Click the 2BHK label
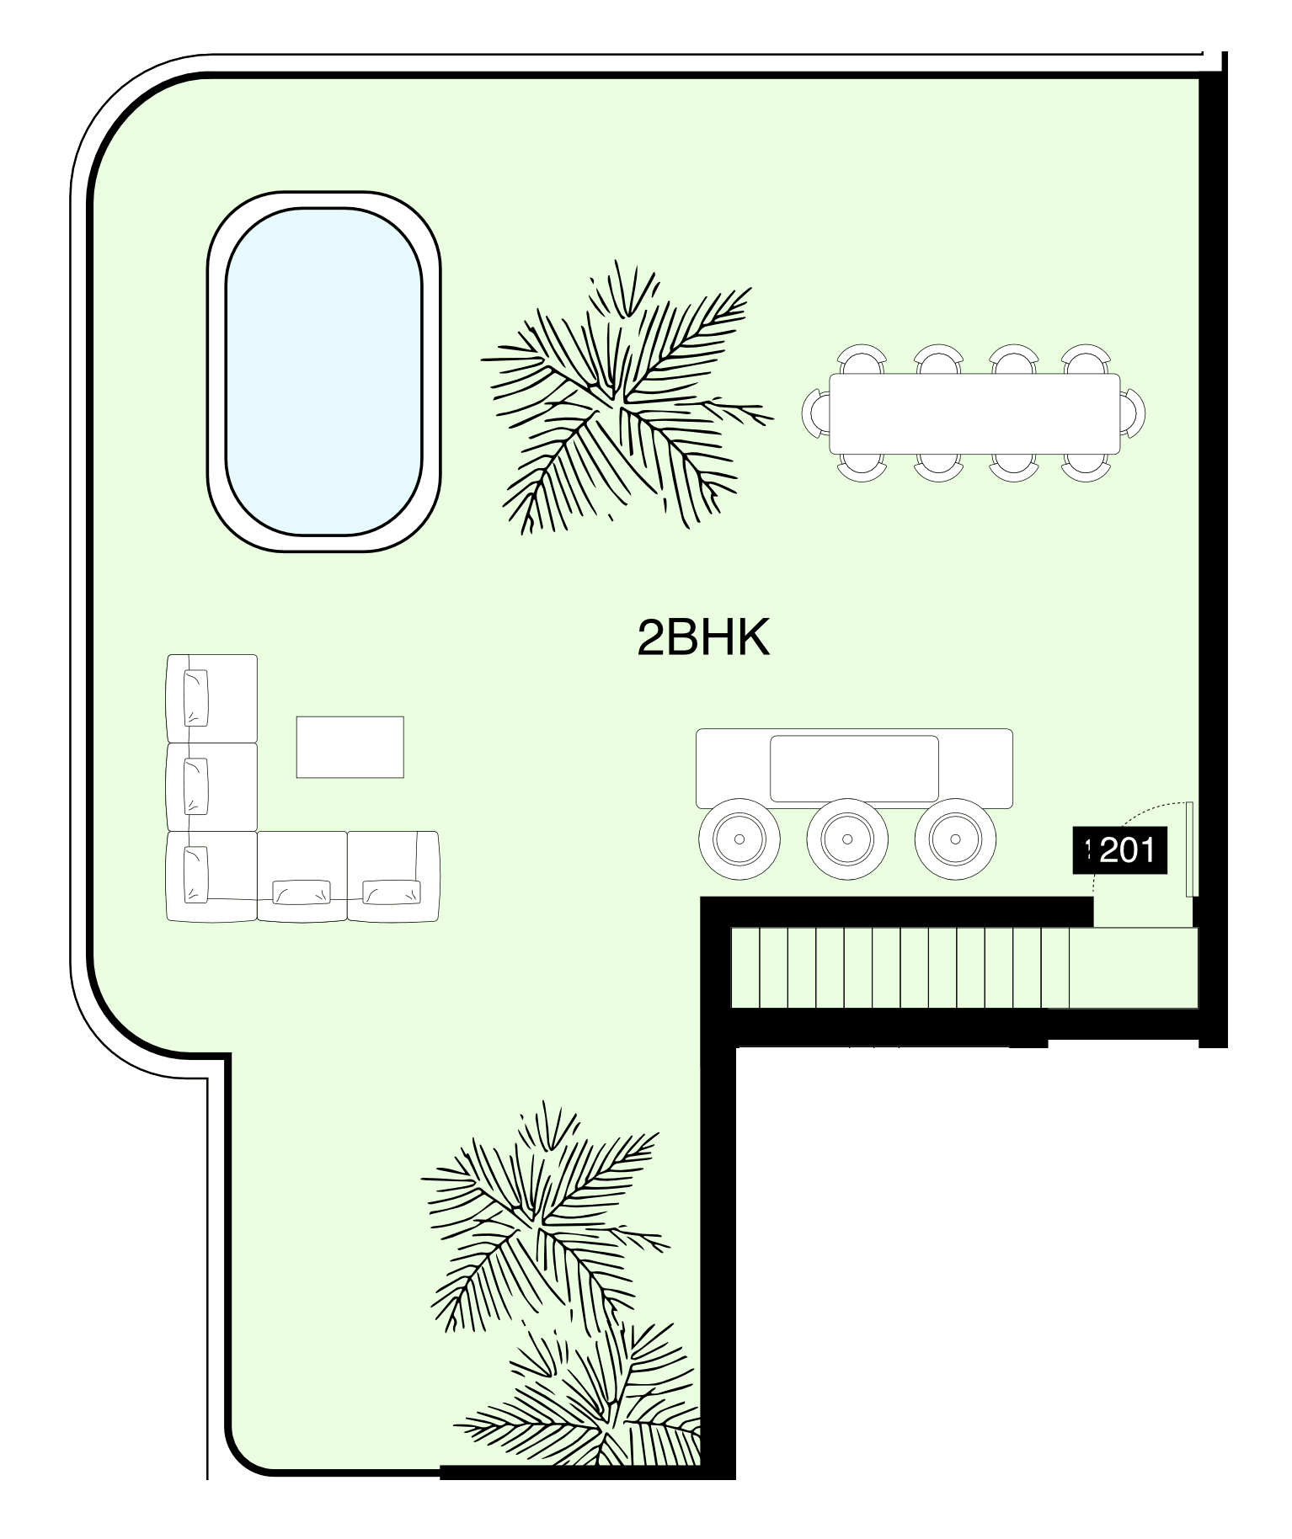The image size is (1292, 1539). point(703,639)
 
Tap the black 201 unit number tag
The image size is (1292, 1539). point(1120,851)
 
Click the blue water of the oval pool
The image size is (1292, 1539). point(324,371)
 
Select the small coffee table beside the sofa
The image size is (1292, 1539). point(350,747)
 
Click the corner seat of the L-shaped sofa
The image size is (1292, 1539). point(211,876)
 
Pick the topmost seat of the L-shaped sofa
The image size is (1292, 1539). point(211,698)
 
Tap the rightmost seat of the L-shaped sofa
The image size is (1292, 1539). point(393,876)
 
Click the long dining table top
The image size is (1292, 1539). point(975,413)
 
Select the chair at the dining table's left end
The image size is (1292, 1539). point(816,413)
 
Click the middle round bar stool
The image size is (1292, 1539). point(847,839)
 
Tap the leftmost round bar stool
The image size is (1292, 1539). point(739,839)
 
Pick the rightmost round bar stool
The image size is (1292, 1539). point(955,839)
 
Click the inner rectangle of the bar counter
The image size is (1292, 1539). point(855,769)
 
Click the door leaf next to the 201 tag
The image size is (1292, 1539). point(1190,849)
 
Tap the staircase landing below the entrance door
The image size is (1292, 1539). point(1134,967)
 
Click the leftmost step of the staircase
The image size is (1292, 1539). point(745,967)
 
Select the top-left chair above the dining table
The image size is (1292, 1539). point(862,359)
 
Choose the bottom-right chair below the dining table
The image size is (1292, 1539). point(1084,467)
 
